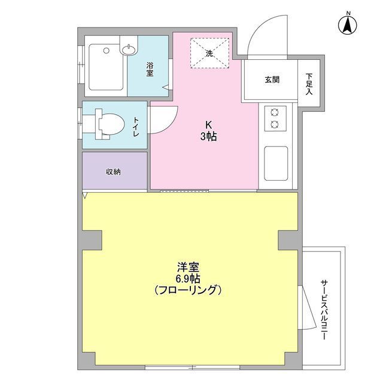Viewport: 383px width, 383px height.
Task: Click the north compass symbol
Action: point(347,24)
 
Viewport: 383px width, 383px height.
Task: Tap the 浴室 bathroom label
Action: point(150,69)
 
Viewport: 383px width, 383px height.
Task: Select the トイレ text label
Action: point(136,126)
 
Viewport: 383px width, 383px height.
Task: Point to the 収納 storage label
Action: point(113,172)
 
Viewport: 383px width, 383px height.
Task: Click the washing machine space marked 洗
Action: point(210,53)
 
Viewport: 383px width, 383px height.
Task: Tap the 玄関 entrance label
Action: point(272,80)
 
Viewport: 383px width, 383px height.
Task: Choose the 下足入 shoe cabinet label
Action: point(309,84)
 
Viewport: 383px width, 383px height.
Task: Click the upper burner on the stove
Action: point(275,113)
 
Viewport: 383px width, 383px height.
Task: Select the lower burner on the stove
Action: point(275,124)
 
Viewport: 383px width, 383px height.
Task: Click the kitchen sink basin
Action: point(276,163)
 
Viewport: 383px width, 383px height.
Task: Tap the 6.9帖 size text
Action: point(188,278)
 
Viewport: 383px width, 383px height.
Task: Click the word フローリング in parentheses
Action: point(188,290)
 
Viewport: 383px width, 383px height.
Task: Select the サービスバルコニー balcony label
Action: point(324,310)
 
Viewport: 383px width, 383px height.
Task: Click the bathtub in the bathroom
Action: point(106,67)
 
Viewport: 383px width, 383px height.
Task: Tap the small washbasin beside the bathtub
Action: point(129,49)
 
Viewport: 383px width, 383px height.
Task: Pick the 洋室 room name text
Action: point(188,268)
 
